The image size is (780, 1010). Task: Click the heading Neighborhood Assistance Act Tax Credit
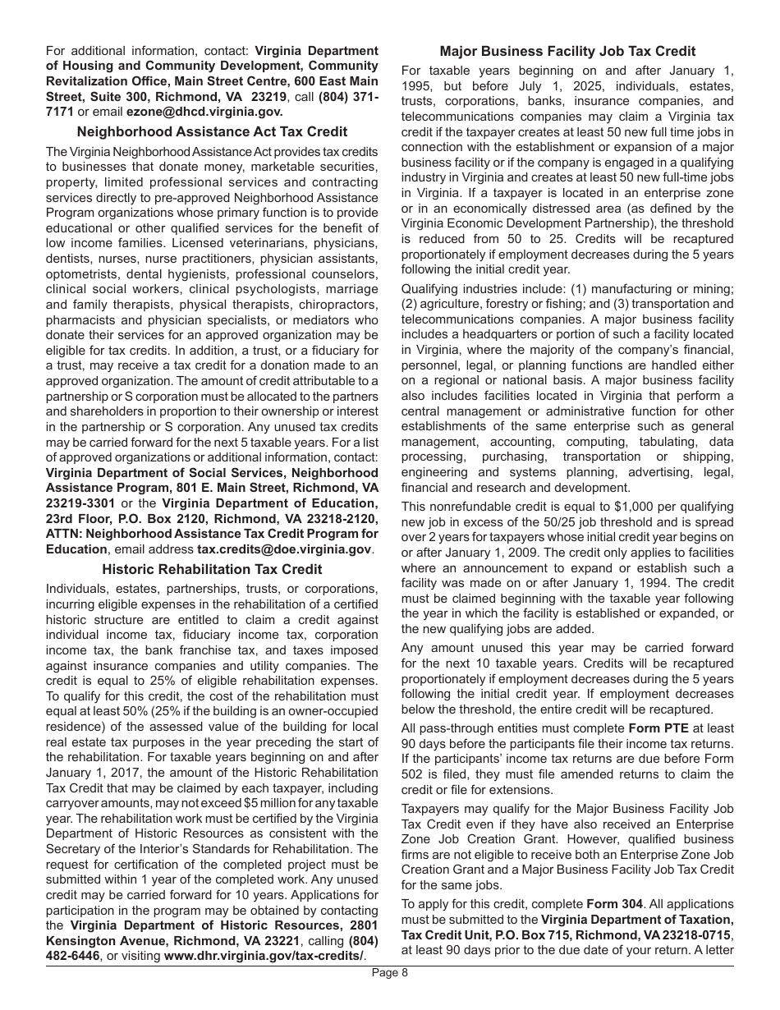tap(212, 131)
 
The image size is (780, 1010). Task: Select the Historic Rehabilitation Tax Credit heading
tap(212, 569)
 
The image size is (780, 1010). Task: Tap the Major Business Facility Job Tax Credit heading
tap(567, 51)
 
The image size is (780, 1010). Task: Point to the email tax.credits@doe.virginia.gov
tap(285, 549)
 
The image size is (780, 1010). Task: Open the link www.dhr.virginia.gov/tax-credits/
tap(264, 956)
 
